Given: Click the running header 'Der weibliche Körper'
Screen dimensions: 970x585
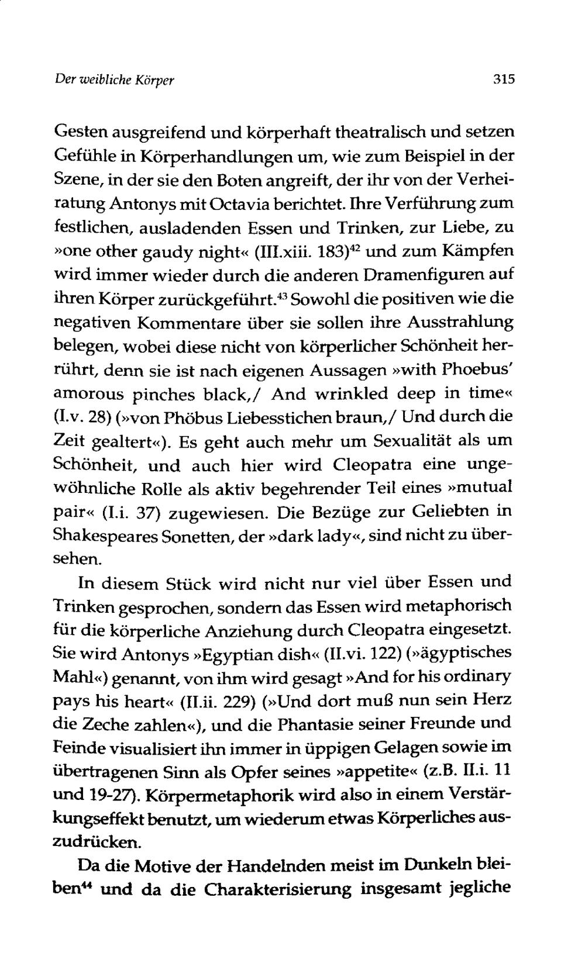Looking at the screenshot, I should tap(116, 79).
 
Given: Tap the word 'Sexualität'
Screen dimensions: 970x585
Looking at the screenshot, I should tap(400, 441).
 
